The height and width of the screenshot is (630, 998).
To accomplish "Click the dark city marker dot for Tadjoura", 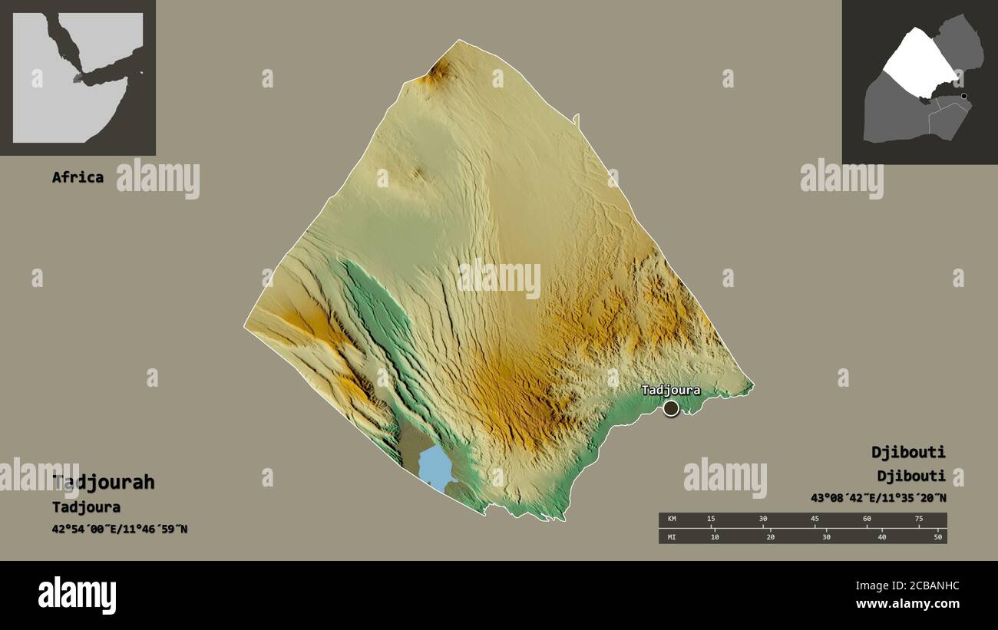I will [671, 408].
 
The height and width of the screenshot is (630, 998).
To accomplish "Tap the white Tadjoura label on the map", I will [670, 391].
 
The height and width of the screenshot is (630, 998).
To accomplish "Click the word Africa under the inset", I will [78, 177].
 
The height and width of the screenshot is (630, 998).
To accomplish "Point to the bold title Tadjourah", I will [104, 482].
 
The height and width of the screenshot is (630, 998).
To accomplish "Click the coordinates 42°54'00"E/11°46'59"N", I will [120, 529].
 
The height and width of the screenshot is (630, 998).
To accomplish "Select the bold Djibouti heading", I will [908, 451].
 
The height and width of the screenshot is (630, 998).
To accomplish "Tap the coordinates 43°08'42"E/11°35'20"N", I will [878, 497].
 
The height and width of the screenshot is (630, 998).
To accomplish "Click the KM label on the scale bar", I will [672, 520].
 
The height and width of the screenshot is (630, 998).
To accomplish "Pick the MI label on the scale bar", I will [672, 536].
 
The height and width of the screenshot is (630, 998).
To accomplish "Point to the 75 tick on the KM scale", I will [918, 520].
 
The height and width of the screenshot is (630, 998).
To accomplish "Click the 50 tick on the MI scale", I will [937, 536].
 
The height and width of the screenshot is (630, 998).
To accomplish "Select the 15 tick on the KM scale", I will [711, 520].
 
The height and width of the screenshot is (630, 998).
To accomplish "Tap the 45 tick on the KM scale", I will [815, 520].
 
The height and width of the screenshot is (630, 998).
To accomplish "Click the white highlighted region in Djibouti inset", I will [919, 61].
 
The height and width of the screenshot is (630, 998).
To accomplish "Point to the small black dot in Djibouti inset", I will [964, 96].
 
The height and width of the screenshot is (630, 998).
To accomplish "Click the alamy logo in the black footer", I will [78, 595].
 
